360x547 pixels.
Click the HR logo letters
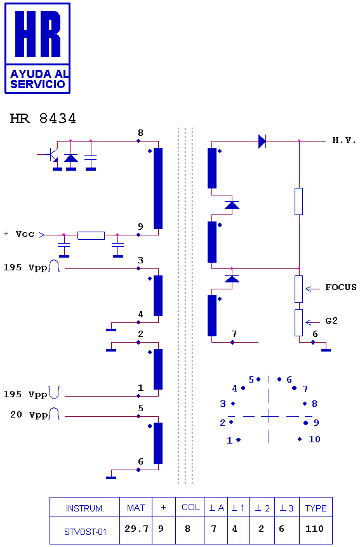coord(37,34)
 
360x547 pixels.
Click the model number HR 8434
coord(43,119)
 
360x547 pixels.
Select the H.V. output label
coord(344,140)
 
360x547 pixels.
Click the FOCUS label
coord(341,287)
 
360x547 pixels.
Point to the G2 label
coord(331,320)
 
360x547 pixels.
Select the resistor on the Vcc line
coord(91,235)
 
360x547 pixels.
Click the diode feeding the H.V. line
coord(262,142)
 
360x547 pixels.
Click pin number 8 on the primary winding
coord(140,133)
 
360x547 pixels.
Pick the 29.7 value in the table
coord(137,529)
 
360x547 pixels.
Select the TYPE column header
coord(316,508)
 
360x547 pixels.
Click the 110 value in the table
coord(315,529)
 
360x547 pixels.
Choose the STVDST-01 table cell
coord(85,532)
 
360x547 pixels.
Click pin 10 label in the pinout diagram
coord(314,439)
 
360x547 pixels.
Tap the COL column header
coord(190,507)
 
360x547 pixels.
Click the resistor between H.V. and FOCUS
coord(298,202)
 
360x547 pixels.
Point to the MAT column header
coord(136,508)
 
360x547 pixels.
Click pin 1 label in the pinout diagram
coord(229,440)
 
